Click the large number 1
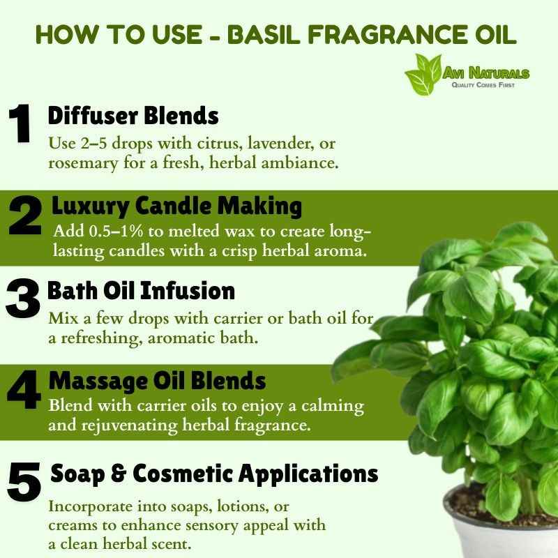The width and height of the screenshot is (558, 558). coord(20,123)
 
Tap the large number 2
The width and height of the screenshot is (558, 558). coord(25,216)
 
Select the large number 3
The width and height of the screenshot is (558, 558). coord(23,299)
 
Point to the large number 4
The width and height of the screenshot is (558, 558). coord(24,389)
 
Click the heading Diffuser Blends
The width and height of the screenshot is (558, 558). coord(133,116)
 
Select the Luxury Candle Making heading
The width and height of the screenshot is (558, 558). coord(177,206)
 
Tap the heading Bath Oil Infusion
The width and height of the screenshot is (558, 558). coord(141,291)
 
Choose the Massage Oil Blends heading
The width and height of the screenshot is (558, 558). coord(158,381)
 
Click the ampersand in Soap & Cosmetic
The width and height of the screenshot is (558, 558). coord(119,474)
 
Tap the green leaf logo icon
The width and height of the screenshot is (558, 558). coord(423,75)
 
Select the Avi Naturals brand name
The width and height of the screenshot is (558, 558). coord(485,73)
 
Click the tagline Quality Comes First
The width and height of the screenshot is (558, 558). coord(483,84)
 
